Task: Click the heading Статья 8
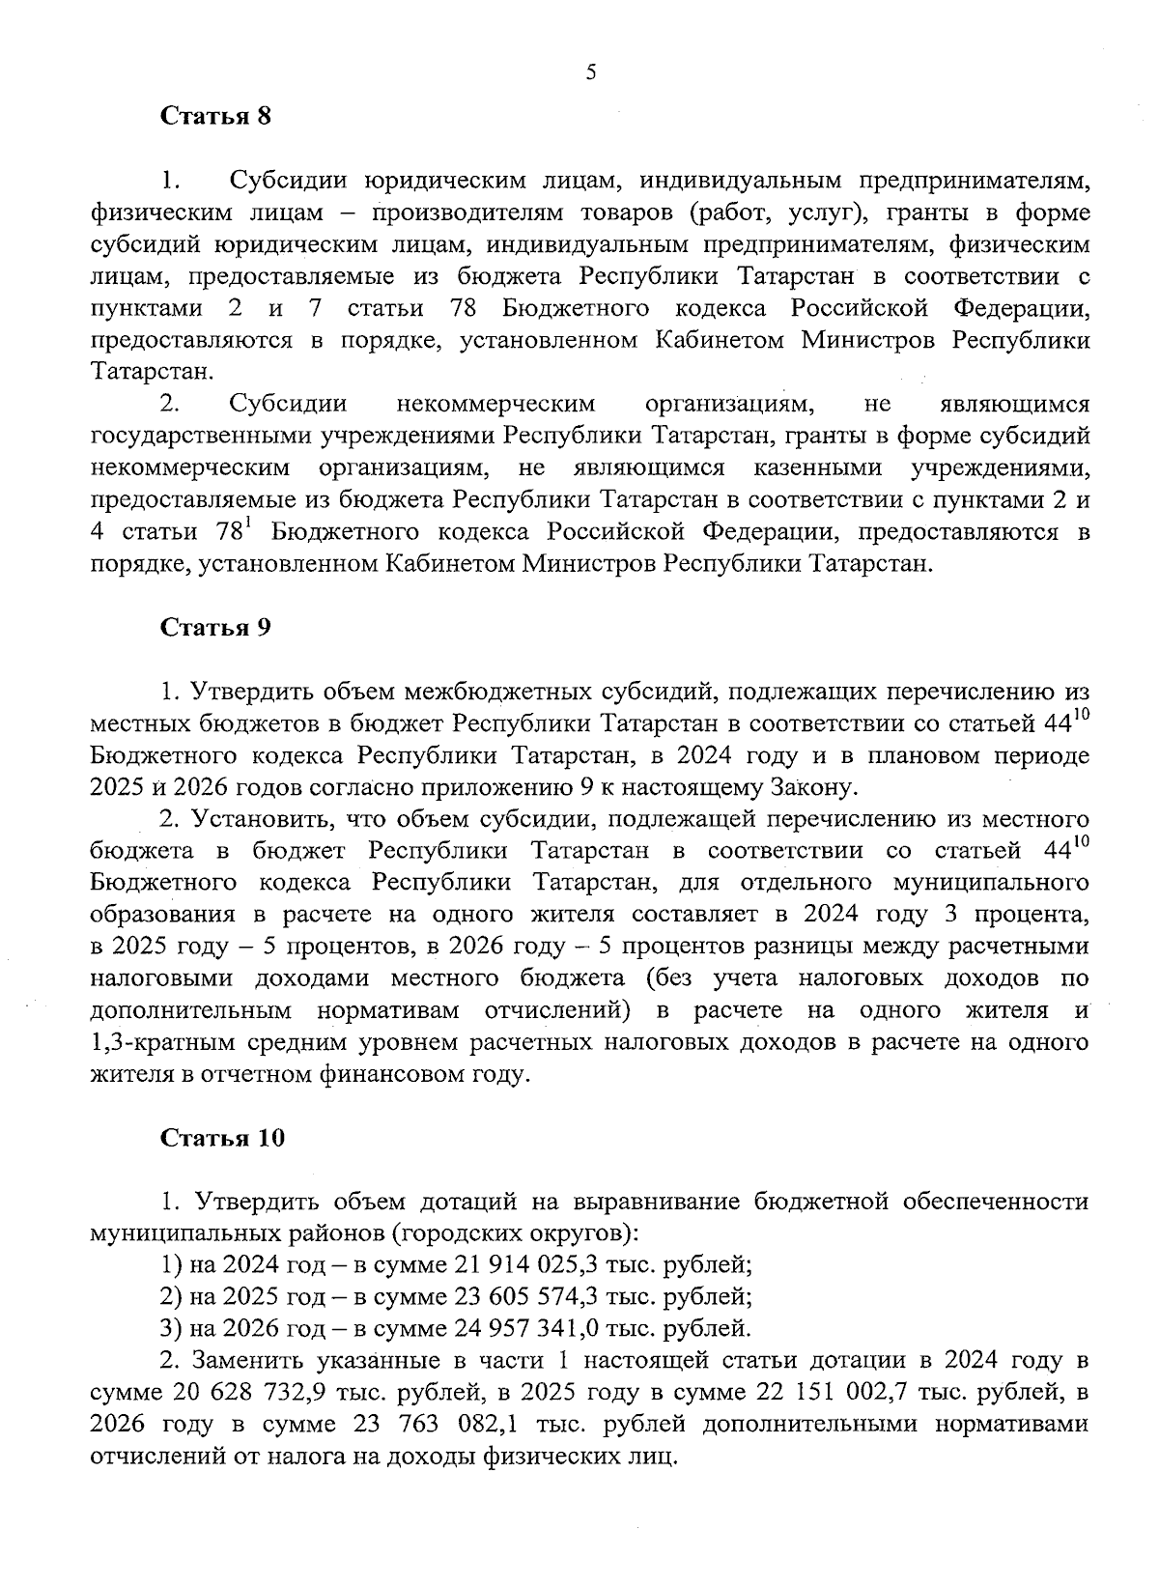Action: click(x=215, y=117)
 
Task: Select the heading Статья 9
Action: click(x=215, y=628)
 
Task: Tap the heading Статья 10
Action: click(x=222, y=1138)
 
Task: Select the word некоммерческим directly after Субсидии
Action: click(x=495, y=404)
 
